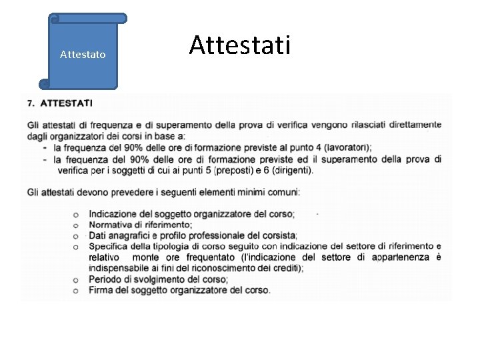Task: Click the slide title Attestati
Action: coord(239,46)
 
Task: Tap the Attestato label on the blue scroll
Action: coord(82,54)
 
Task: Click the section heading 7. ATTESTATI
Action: coord(61,104)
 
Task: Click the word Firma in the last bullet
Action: coord(101,290)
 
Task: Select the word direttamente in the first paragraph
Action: coord(409,124)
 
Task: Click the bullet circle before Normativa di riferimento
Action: coord(76,225)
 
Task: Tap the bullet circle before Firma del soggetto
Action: coord(76,291)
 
